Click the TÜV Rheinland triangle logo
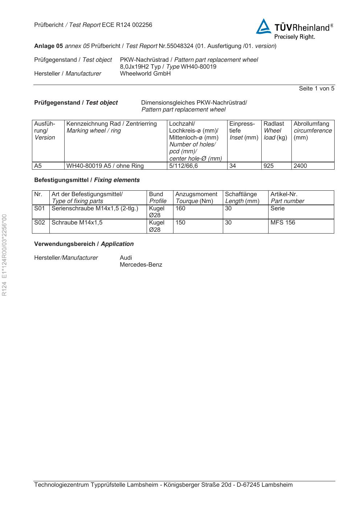[x=264, y=27]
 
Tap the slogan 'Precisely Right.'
[x=294, y=37]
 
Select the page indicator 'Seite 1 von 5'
[x=316, y=89]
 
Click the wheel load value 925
[x=269, y=166]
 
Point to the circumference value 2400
[x=300, y=166]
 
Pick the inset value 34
[x=233, y=166]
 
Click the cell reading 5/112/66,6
[x=183, y=166]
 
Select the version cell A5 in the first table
[x=38, y=166]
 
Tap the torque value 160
[x=180, y=209]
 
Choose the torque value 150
[x=180, y=223]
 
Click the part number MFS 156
[x=283, y=223]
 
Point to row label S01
[x=39, y=209]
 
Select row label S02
[x=39, y=223]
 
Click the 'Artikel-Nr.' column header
[x=284, y=194]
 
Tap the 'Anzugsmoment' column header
[x=196, y=194]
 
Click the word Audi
[x=126, y=258]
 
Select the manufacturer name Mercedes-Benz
[x=141, y=265]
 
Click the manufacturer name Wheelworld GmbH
[x=145, y=74]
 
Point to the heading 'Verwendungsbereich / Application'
[x=84, y=244]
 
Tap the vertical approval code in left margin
[x=5, y=255]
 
